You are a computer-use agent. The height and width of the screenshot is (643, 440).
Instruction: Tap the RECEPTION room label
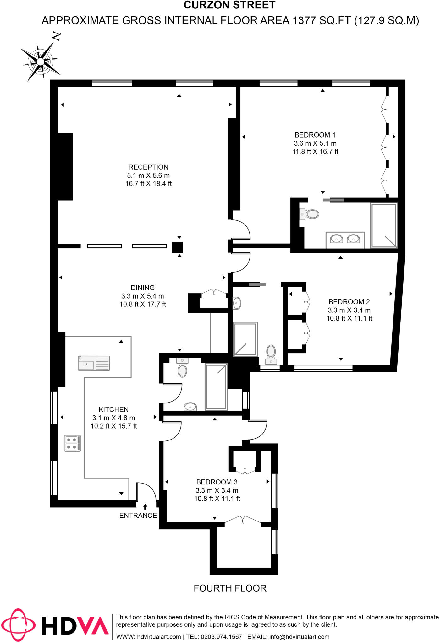[148, 167]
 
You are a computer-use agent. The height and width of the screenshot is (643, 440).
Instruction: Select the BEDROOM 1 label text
[315, 135]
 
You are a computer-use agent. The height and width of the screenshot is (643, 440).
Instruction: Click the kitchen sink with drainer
[94, 363]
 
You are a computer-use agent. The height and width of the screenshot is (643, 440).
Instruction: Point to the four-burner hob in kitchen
[73, 443]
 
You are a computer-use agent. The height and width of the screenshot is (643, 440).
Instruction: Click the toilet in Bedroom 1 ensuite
[312, 214]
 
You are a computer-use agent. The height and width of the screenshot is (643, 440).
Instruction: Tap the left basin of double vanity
[336, 239]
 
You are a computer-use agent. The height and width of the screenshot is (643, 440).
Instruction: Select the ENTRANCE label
[138, 516]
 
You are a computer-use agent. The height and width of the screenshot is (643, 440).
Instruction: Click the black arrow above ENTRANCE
[145, 507]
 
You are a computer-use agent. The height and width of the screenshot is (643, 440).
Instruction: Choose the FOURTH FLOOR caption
[230, 588]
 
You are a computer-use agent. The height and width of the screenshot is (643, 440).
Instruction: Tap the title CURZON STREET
[229, 5]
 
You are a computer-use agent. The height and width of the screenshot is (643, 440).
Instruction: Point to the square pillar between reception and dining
[177, 247]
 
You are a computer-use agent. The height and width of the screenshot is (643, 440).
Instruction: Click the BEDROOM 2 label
[349, 302]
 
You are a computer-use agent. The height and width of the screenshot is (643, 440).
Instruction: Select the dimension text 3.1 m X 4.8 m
[113, 418]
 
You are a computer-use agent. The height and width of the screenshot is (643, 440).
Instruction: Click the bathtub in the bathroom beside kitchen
[216, 386]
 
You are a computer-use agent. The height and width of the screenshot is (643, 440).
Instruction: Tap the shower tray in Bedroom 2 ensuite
[245, 339]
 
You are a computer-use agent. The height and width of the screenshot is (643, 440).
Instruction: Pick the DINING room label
[143, 288]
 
